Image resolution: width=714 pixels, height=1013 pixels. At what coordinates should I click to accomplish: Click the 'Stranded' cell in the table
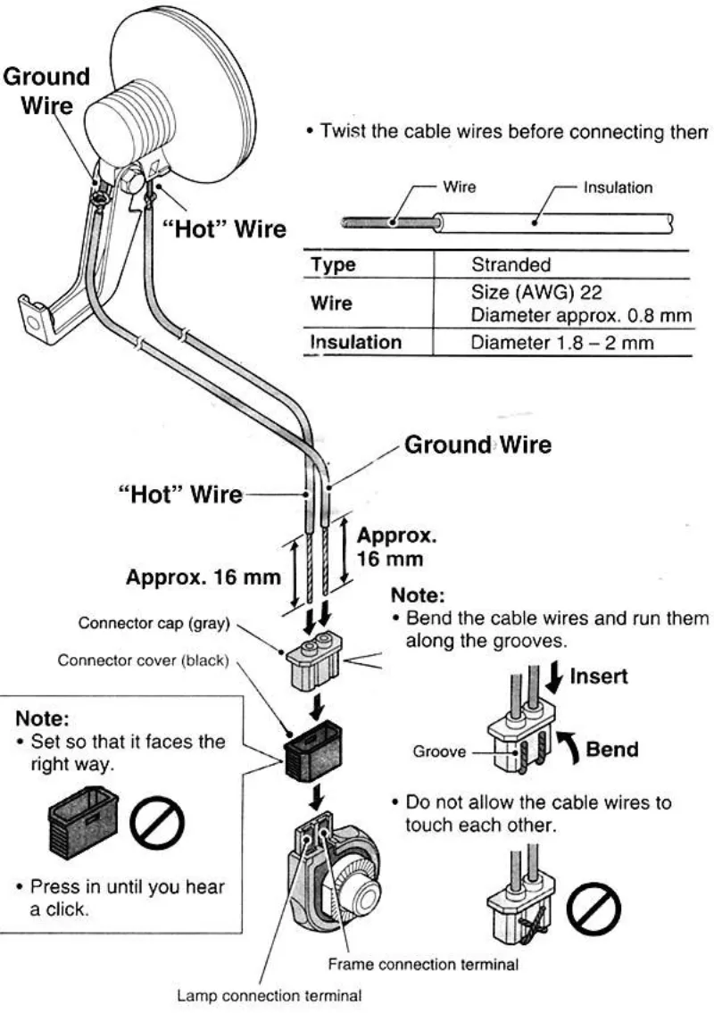(x=511, y=264)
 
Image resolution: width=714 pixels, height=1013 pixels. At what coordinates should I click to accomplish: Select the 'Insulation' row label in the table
(x=355, y=342)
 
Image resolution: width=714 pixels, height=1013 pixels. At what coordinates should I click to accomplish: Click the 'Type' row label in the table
(x=333, y=264)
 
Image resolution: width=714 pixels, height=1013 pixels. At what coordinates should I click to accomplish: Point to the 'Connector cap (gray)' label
(x=154, y=623)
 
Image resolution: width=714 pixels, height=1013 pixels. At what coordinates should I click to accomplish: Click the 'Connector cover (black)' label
(x=144, y=660)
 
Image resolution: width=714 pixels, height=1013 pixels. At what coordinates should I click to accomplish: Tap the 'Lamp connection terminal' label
(x=270, y=994)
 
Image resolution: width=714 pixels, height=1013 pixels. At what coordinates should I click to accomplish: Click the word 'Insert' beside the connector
(x=598, y=676)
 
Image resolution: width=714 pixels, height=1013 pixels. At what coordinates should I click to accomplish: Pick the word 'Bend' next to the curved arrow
(x=611, y=748)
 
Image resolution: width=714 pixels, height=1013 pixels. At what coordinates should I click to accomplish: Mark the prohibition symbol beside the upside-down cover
(x=157, y=820)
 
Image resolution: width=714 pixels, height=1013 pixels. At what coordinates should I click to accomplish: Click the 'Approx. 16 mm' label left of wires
(x=203, y=576)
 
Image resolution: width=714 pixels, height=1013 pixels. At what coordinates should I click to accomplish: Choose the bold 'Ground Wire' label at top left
(x=46, y=90)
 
